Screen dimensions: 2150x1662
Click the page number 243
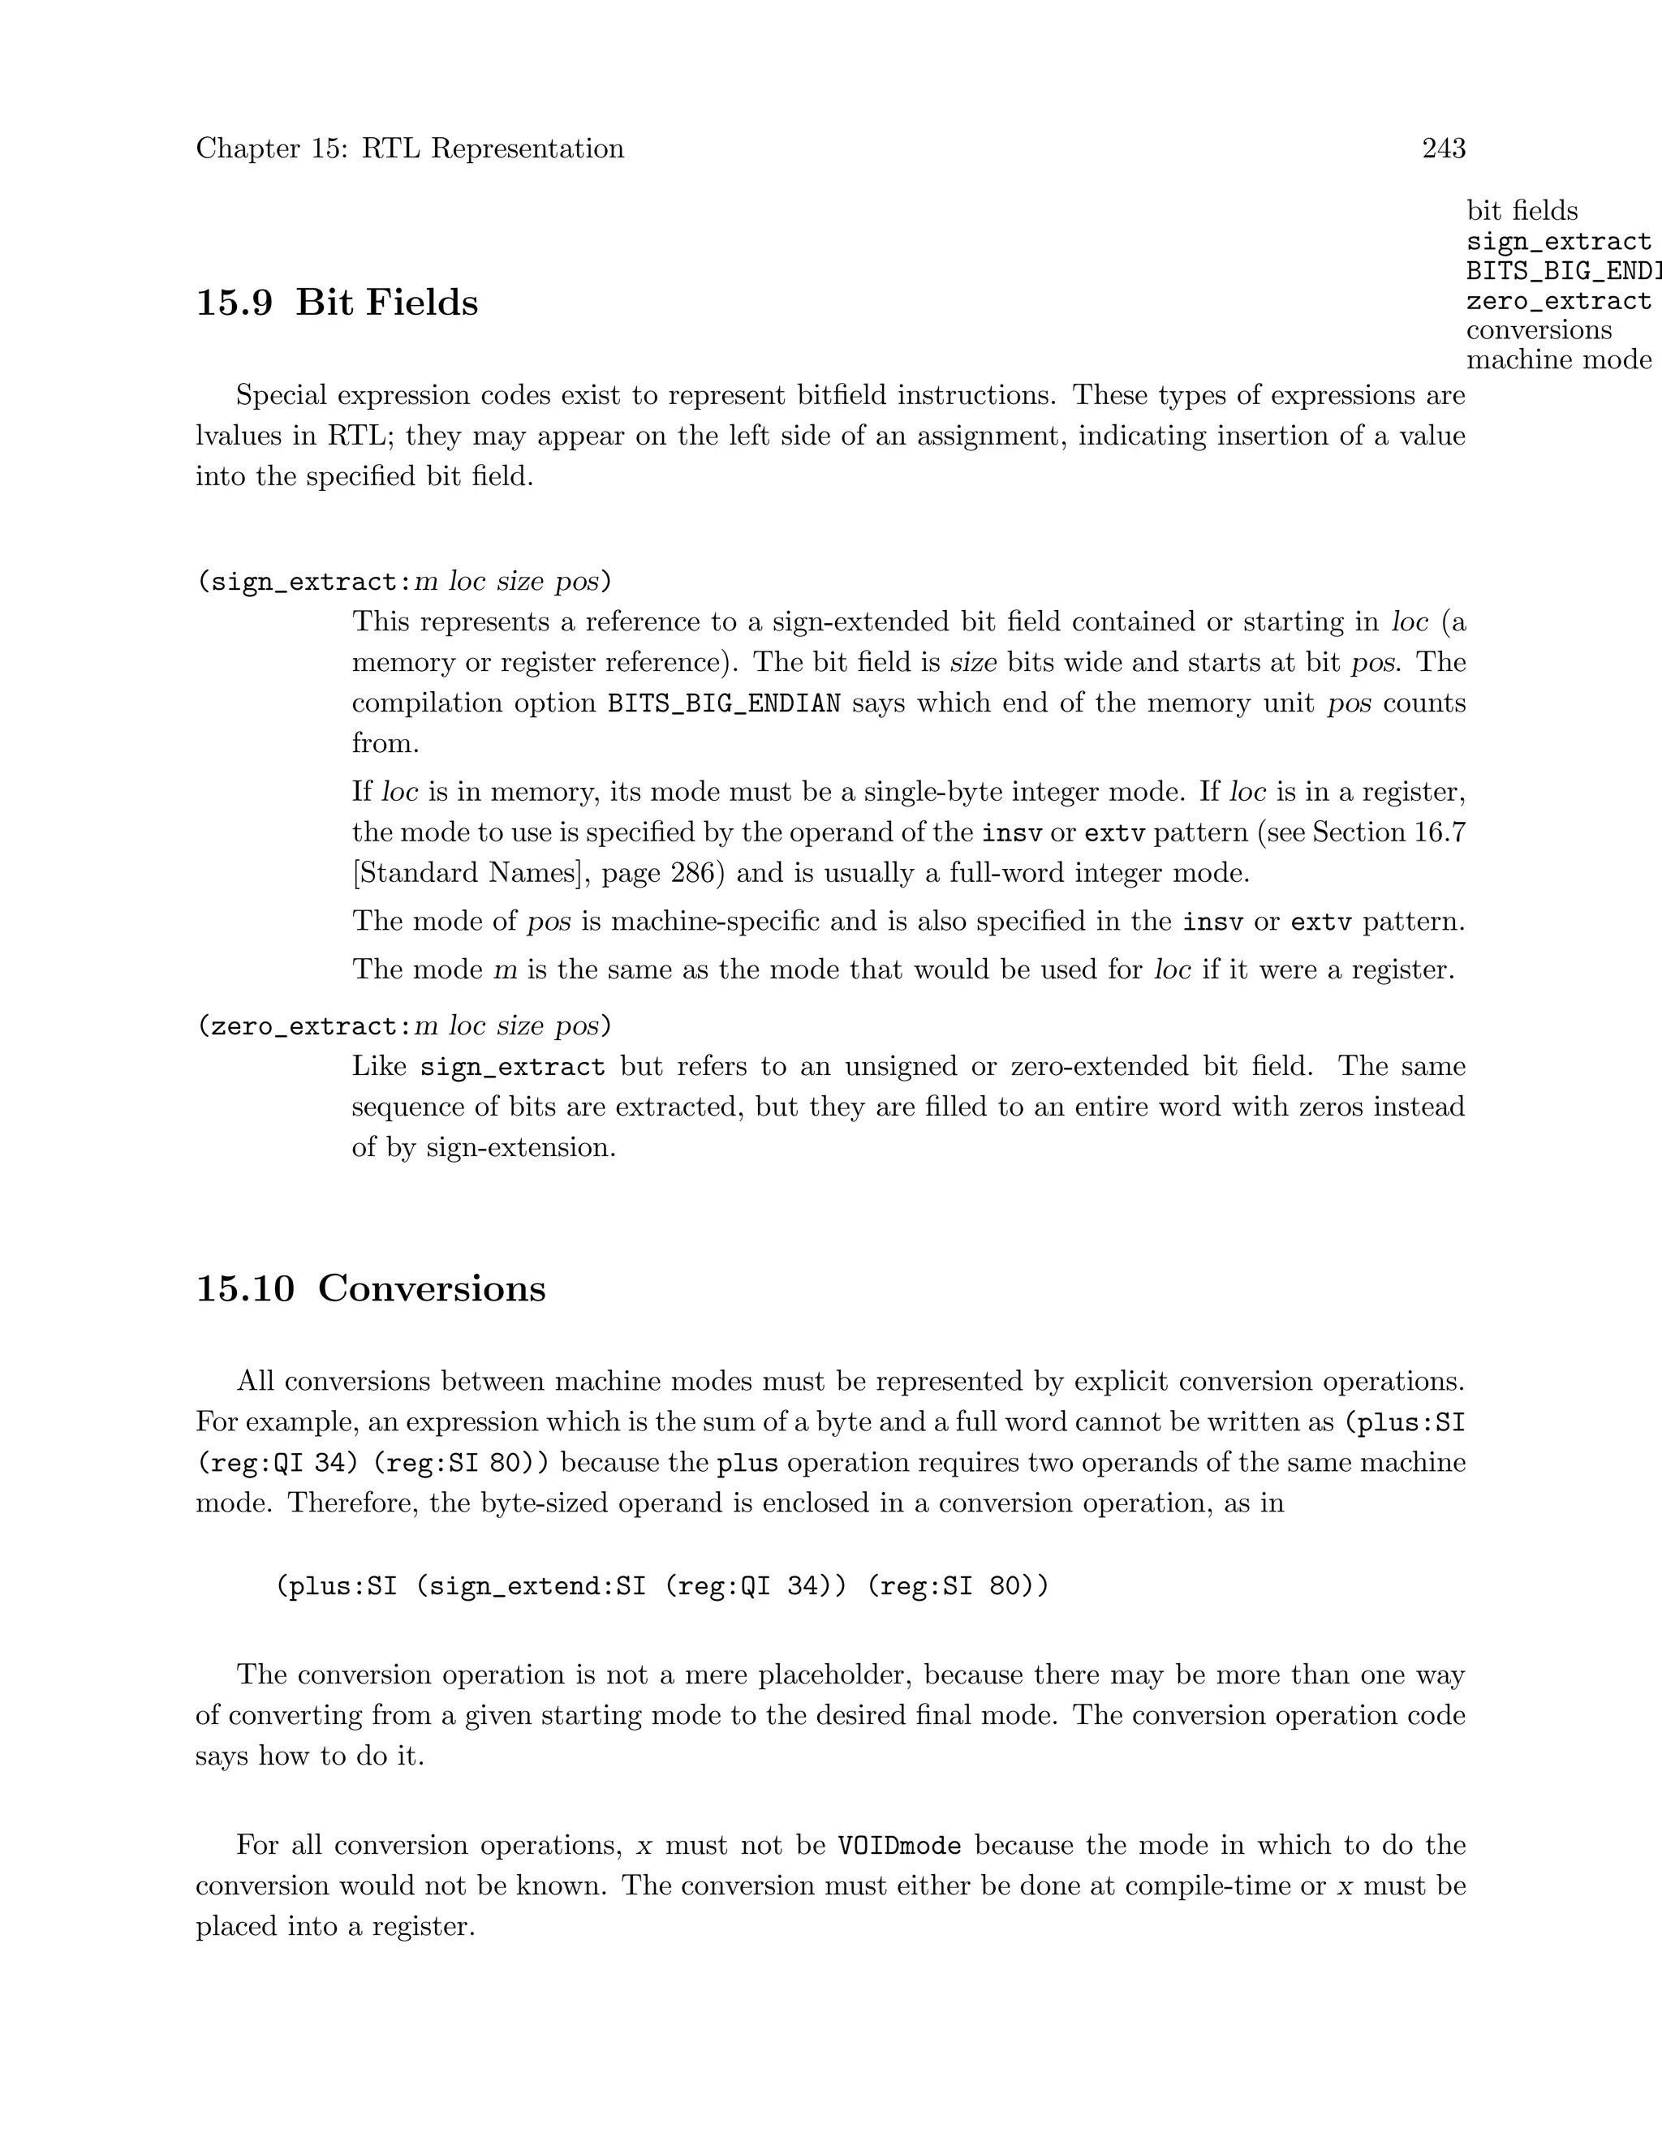tap(1444, 148)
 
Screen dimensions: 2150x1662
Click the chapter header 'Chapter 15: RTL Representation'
tap(410, 148)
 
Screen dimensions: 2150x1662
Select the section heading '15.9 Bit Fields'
tap(337, 303)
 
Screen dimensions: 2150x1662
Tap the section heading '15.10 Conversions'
tap(370, 1288)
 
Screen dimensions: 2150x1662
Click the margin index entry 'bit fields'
tap(1522, 211)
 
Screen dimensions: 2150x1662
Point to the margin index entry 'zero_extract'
tap(1557, 300)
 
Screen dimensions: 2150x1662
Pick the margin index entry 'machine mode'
tap(1557, 360)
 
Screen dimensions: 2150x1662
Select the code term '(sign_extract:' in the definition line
tap(304, 582)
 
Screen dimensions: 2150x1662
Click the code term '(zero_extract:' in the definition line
tap(304, 1027)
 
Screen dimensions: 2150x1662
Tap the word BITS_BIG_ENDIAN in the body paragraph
tap(724, 704)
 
